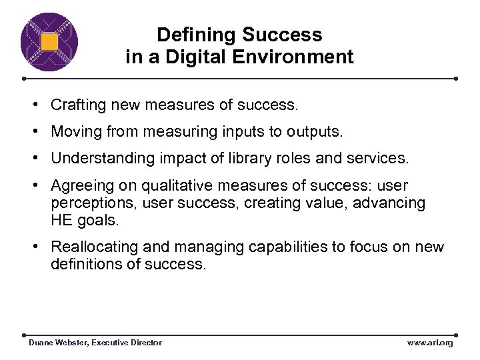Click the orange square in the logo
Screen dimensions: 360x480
pyautogui.click(x=49, y=42)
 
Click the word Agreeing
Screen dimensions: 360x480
pyautogui.click(x=80, y=185)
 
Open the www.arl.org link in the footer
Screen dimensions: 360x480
pyautogui.click(x=429, y=342)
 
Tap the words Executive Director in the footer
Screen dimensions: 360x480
pyautogui.click(x=127, y=342)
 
